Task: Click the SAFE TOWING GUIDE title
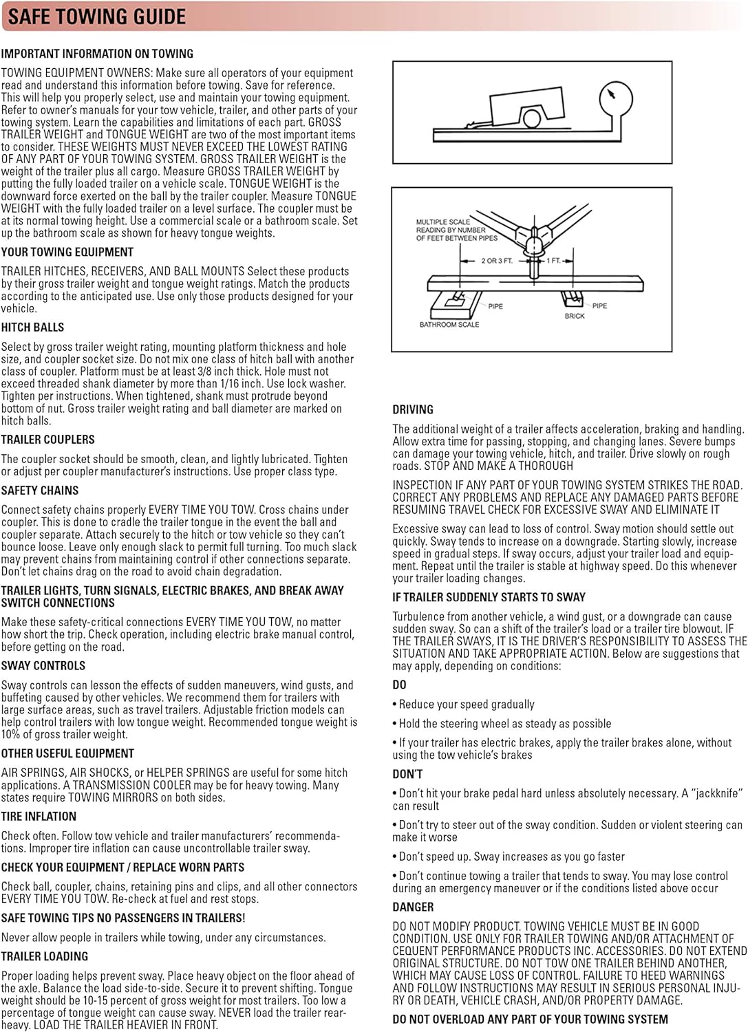click(x=96, y=17)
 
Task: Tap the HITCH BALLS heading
click(x=32, y=327)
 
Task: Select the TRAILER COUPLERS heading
click(x=48, y=440)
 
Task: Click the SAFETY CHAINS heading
click(x=40, y=491)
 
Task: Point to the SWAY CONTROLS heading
click(x=43, y=666)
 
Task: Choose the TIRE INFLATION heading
click(x=39, y=817)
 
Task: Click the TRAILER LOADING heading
click(x=45, y=956)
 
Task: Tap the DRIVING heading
click(x=413, y=409)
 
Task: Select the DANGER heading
click(x=413, y=907)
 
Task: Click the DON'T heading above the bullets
click(x=407, y=774)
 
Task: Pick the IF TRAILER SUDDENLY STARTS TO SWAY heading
click(x=489, y=597)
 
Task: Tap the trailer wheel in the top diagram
click(x=531, y=118)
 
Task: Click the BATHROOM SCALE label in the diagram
click(x=449, y=324)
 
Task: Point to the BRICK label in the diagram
click(x=575, y=316)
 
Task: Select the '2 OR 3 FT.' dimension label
click(x=497, y=261)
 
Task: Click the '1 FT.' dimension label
click(x=554, y=261)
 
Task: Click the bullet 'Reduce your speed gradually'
click(x=467, y=705)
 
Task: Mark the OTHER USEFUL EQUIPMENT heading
click(x=67, y=753)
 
